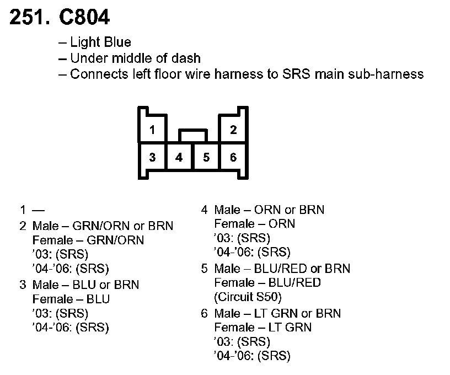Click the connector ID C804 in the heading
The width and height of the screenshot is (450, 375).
point(82,18)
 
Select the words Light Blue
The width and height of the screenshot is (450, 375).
point(100,42)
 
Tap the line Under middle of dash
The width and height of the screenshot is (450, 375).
point(135,58)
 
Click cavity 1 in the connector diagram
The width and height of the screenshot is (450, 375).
point(152,130)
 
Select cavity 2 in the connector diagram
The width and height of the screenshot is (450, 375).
point(233,130)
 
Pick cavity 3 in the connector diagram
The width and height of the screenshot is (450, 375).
point(152,158)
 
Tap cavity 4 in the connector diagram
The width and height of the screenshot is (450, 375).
point(179,158)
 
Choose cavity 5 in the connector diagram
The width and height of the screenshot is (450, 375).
point(206,158)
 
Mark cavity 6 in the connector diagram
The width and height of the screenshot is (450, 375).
point(233,158)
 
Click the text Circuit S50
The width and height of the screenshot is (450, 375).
point(248,297)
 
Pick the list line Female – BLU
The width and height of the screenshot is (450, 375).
point(71,299)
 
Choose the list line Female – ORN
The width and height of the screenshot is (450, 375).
point(254,224)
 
